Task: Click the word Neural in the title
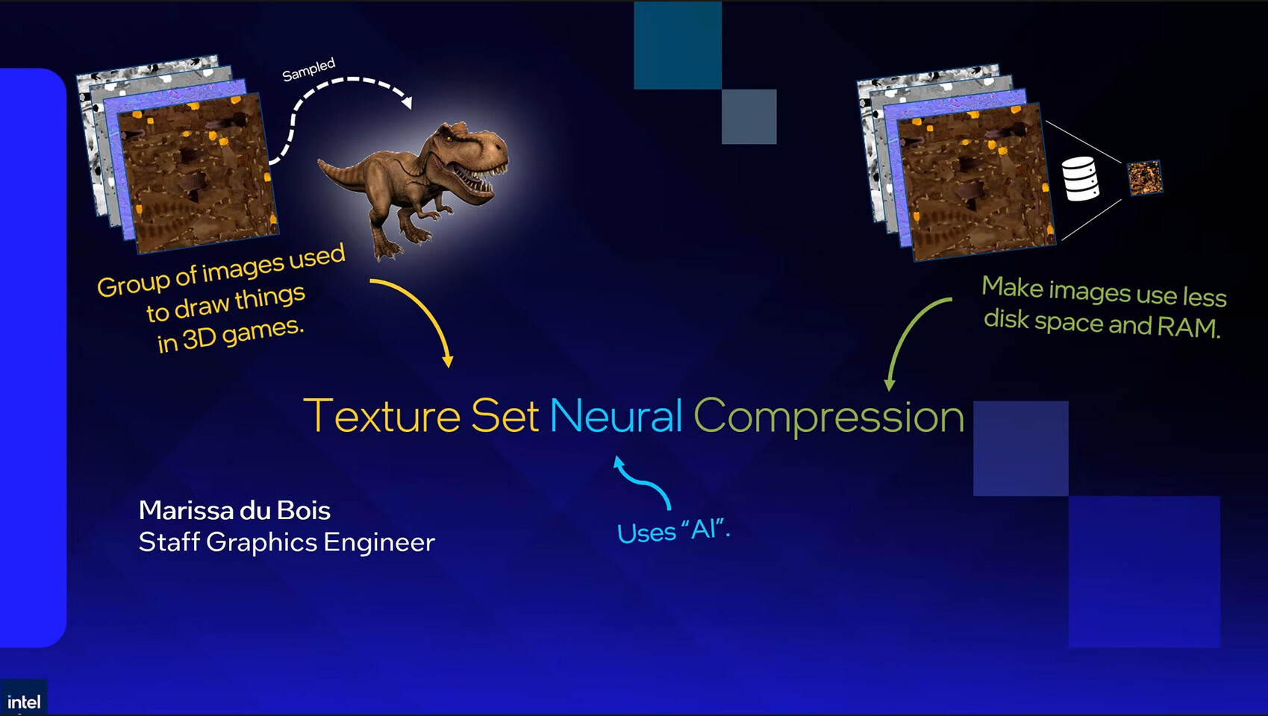click(x=616, y=416)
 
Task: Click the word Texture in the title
click(x=381, y=416)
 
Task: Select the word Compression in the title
click(x=828, y=416)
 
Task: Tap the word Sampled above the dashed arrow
click(x=308, y=69)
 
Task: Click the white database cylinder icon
click(x=1080, y=179)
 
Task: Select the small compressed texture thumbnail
click(x=1144, y=178)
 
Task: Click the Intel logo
click(x=23, y=701)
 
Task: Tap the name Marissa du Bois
click(x=234, y=511)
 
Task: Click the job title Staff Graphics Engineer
click(x=286, y=542)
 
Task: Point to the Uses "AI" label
click(x=673, y=531)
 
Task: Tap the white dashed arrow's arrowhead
click(x=406, y=101)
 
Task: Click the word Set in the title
click(x=505, y=416)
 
